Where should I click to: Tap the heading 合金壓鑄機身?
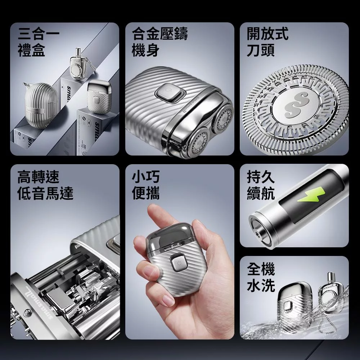pos(159,42)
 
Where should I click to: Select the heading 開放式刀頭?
pos(267,42)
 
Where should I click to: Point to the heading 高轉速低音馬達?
pos(45,185)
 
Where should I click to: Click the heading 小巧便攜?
pos(146,185)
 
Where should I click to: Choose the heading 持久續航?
pos(261,185)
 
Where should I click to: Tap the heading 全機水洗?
pos(261,277)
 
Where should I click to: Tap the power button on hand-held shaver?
pos(178,263)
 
